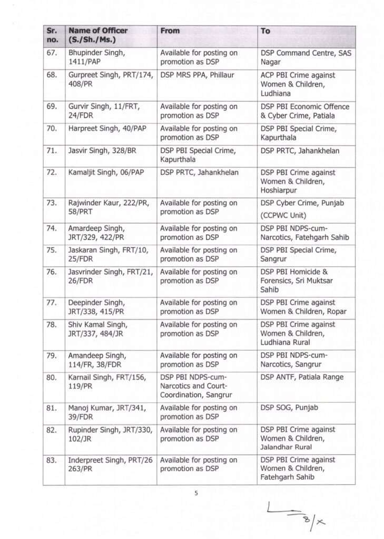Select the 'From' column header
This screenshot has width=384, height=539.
pos(170,31)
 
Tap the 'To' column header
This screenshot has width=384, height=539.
pos(265,31)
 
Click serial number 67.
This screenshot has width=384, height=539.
pos(51,53)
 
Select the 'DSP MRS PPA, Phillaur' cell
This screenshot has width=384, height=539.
pos(197,75)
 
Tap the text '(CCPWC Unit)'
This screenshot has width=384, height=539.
pos(284,215)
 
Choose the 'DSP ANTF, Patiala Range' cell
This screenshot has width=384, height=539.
pos(302,377)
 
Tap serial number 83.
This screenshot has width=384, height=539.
pos(51,460)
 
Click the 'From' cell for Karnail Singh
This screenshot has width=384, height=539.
pos(198,385)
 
